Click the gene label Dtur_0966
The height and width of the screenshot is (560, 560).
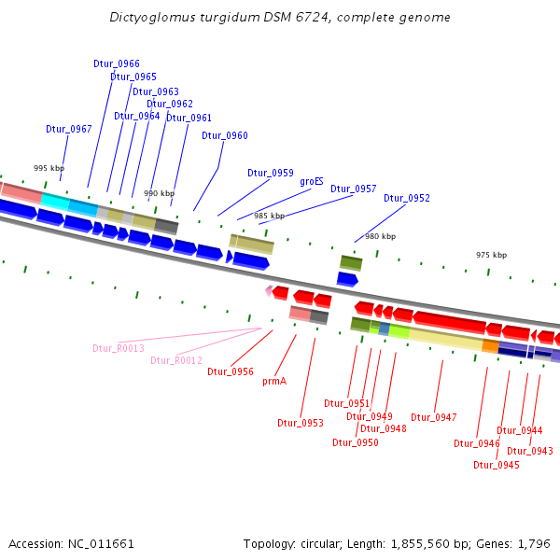coord(117,63)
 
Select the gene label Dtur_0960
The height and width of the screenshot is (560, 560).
coord(225,136)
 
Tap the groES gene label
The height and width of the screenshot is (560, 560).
coord(312,182)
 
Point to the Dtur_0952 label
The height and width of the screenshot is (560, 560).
coord(407,198)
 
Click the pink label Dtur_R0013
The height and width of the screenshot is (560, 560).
coord(119,348)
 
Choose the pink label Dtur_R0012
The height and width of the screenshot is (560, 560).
coord(176,360)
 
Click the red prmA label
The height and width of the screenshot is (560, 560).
coord(273,381)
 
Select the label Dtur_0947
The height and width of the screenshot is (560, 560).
coord(434,417)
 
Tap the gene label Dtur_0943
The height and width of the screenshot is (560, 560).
coord(530,451)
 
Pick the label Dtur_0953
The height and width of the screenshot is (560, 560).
coord(301,423)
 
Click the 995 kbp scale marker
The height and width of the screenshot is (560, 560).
coord(48,168)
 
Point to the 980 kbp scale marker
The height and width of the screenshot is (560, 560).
coord(380,236)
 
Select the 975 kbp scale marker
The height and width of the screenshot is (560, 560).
coord(491,255)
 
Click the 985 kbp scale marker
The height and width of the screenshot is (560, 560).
coord(269,216)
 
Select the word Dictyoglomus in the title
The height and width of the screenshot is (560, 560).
coord(148,18)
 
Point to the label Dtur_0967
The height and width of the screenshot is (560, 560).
coord(69,129)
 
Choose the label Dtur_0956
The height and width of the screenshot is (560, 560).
coord(231,371)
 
